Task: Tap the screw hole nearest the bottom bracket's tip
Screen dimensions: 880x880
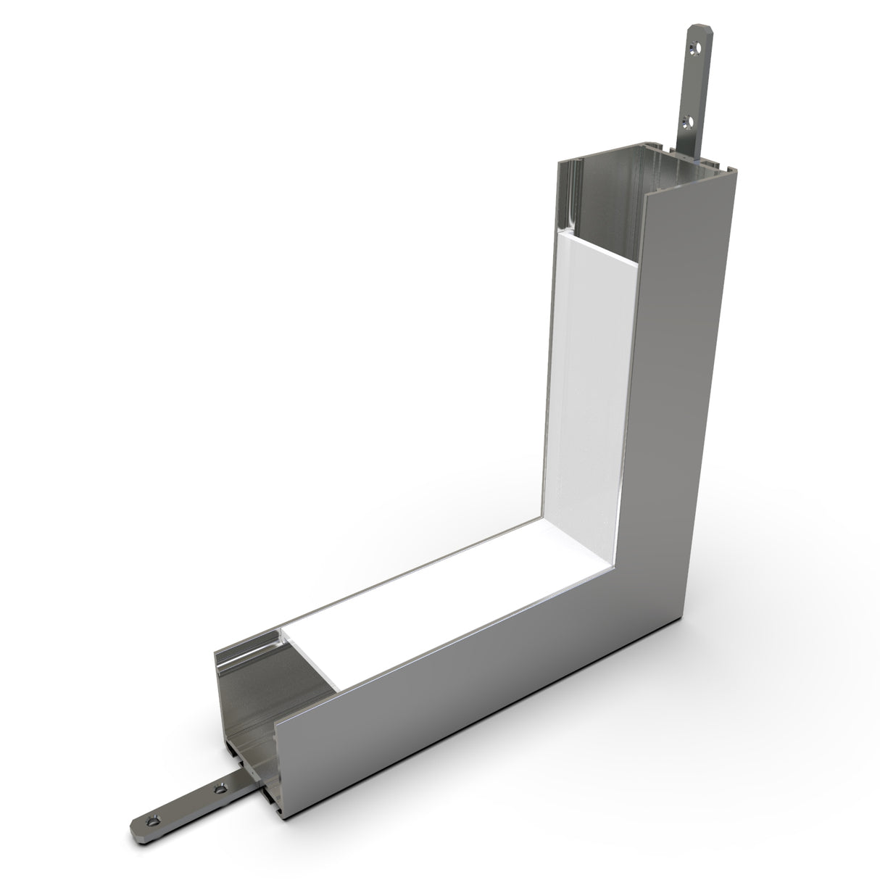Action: (x=151, y=821)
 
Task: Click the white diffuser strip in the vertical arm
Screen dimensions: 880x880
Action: (x=587, y=391)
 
